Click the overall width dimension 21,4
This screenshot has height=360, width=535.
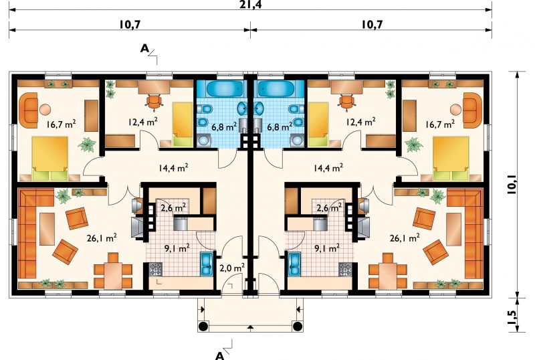(x=250, y=4)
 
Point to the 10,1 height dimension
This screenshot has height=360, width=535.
(x=512, y=184)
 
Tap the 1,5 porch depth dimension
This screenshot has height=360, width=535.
(x=512, y=317)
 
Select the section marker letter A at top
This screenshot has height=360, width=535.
(x=145, y=48)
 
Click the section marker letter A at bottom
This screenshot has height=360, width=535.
(x=220, y=355)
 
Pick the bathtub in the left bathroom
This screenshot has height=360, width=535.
(x=225, y=89)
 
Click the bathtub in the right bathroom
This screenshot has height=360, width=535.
(x=276, y=89)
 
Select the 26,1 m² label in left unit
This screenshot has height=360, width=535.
(x=102, y=238)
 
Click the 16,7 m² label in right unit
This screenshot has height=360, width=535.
(x=440, y=124)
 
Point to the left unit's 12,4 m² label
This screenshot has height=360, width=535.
(x=143, y=121)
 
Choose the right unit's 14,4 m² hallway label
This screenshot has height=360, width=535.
(x=328, y=167)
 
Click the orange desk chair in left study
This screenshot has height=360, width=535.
(x=154, y=102)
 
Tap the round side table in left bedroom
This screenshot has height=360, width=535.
(x=45, y=110)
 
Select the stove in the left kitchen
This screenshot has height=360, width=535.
(x=156, y=269)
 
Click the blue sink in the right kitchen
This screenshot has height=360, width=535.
(x=294, y=264)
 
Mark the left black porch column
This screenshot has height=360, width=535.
(x=203, y=326)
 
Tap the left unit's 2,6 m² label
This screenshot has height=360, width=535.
(x=173, y=207)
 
